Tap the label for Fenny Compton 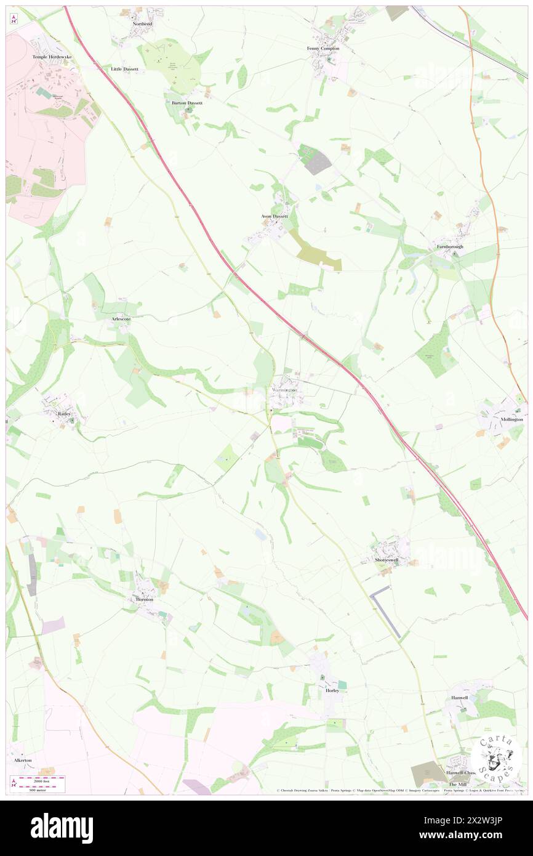(x=323, y=48)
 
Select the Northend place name (x=142, y=23)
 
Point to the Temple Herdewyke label (x=52, y=57)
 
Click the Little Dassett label (x=124, y=69)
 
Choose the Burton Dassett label (x=187, y=103)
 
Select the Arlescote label (x=121, y=320)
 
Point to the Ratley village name (x=65, y=414)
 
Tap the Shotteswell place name (x=387, y=560)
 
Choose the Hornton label (x=144, y=599)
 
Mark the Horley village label (x=332, y=690)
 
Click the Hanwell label (x=459, y=698)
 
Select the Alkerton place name (x=23, y=760)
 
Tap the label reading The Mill (x=457, y=784)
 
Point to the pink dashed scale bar (x=40, y=779)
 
